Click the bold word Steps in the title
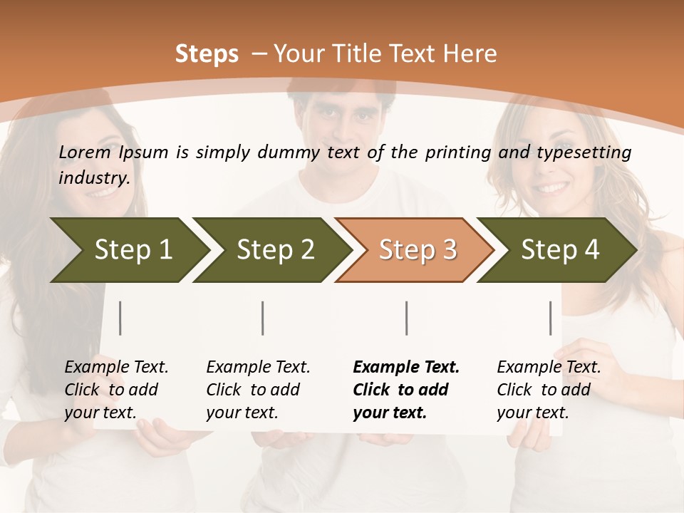point(207,54)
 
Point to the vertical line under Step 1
point(120,318)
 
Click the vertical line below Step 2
point(263,318)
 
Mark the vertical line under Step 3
point(407,318)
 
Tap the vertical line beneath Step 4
point(551,318)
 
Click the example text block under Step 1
point(115,390)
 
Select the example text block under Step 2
point(257,390)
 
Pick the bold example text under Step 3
point(405,390)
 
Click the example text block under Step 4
point(548,390)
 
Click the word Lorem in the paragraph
point(84,152)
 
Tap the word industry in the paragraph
point(94,178)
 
